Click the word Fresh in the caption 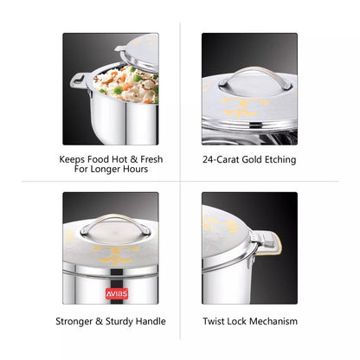[149, 159]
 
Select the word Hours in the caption [133, 170]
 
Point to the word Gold [255, 159]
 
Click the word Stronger [78, 321]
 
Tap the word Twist [215, 321]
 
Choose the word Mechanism [273, 321]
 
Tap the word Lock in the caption [240, 321]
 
